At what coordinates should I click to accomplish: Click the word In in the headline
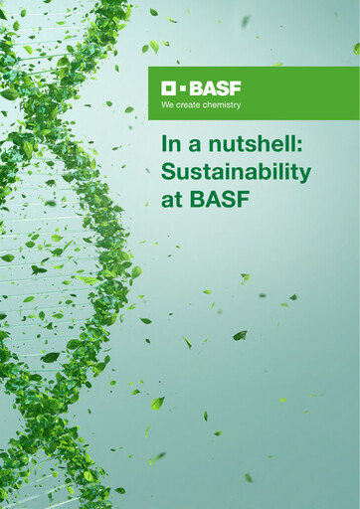171,145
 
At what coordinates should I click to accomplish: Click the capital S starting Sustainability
168,171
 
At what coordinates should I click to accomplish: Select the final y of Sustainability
304,175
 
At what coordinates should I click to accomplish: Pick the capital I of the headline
164,145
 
